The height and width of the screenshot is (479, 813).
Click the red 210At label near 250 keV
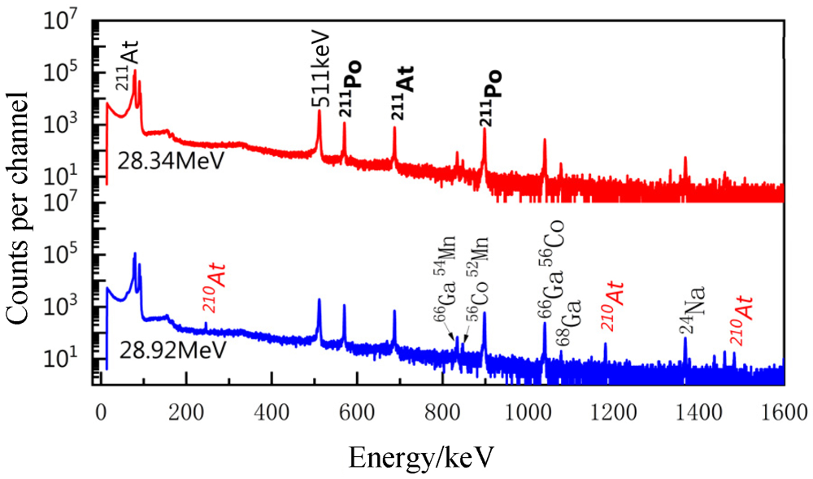(214, 287)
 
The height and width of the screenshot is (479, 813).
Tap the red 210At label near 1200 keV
(612, 304)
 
